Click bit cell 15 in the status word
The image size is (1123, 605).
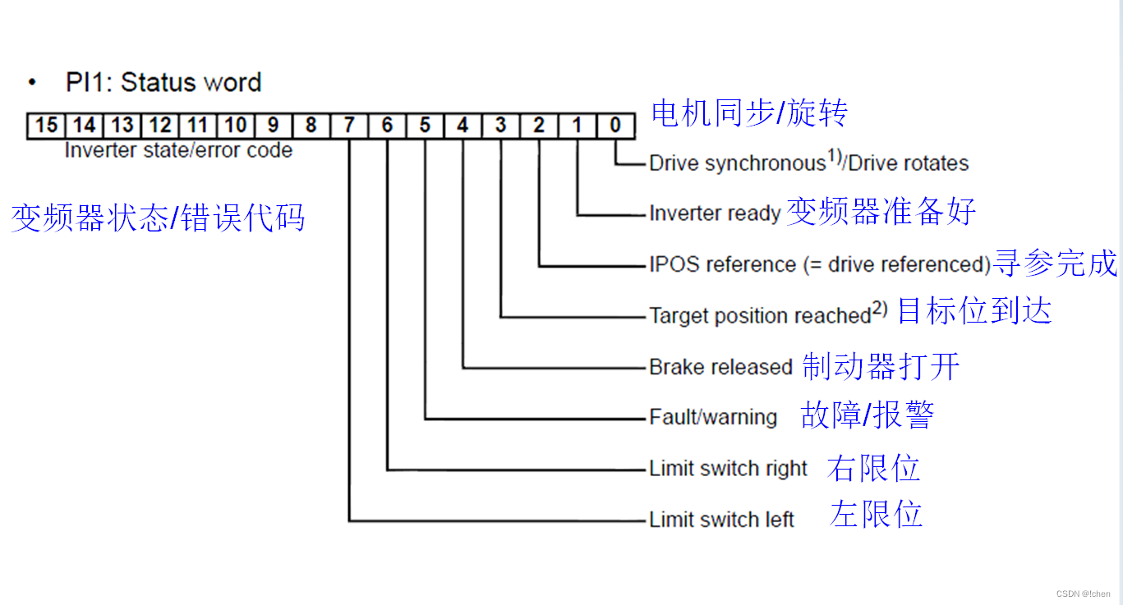[x=47, y=126]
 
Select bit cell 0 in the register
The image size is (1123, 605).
[x=614, y=126]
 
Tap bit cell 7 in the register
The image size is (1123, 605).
[x=349, y=126]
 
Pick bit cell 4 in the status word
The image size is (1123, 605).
[x=463, y=126]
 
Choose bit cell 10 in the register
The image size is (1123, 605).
[x=235, y=126]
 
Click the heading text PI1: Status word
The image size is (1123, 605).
[x=163, y=83]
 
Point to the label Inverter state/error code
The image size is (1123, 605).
[x=178, y=151]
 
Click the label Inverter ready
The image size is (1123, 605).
[x=715, y=213]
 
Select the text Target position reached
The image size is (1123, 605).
[x=760, y=315]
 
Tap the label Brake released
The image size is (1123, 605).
[x=720, y=367]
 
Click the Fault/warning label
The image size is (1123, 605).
[x=713, y=417]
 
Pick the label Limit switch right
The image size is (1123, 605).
[x=729, y=469]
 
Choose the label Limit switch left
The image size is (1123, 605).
[x=721, y=520]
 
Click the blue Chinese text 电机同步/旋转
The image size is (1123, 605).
[x=748, y=113]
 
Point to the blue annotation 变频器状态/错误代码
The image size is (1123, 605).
[x=158, y=218]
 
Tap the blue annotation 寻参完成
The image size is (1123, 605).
[x=1055, y=264]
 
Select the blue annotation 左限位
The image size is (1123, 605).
[x=877, y=515]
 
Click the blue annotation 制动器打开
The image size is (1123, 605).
[x=881, y=366]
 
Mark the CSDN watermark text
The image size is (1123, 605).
[x=1083, y=594]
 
